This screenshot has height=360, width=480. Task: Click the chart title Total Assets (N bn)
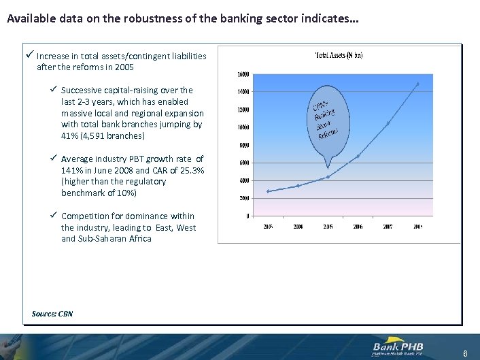(339, 55)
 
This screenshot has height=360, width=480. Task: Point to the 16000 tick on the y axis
(243, 73)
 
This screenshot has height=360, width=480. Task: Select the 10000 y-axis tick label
(243, 127)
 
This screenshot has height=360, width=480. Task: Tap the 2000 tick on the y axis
(243, 198)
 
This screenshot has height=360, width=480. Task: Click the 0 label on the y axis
(247, 216)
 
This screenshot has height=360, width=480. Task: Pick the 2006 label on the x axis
(358, 227)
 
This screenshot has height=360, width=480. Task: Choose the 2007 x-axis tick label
(388, 227)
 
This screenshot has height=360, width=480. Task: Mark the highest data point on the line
(417, 84)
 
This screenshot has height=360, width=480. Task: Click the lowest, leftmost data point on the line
(268, 191)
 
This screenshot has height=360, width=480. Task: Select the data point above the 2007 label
(388, 123)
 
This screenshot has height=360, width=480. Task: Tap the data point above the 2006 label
(358, 157)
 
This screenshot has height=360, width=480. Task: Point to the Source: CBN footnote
(52, 314)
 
